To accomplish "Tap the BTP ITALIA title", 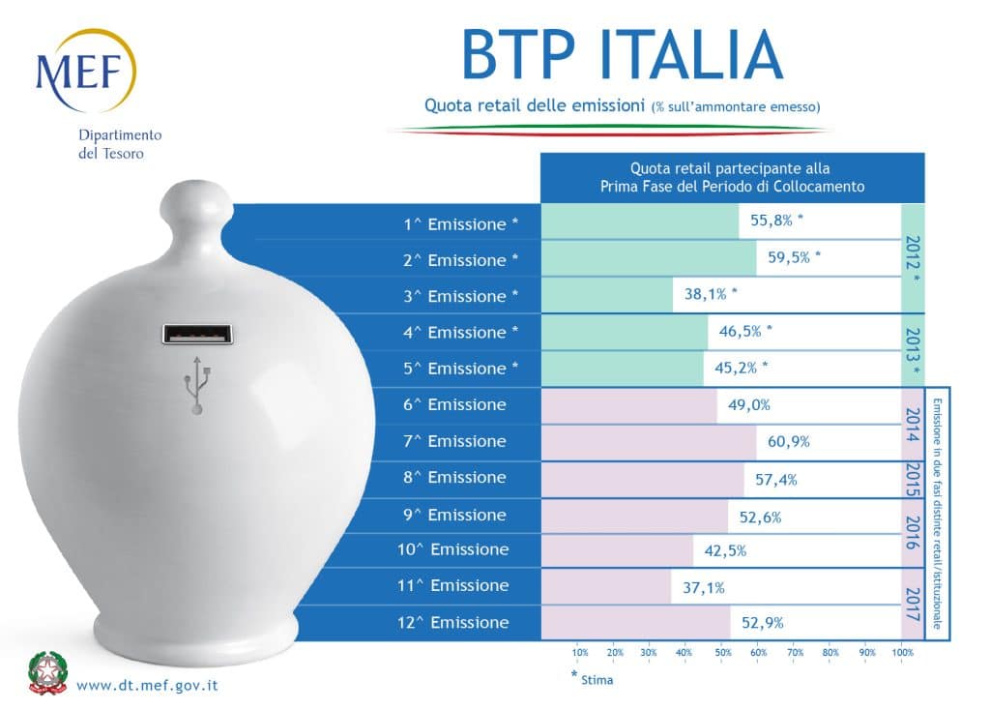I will point(621,54).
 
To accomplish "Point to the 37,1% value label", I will point(704,587).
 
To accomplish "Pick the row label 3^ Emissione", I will point(460,296).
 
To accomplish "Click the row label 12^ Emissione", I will point(456,622).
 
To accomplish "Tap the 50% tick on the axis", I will point(722,652).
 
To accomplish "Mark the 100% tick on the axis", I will point(903,652).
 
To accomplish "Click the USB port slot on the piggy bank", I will point(197,335).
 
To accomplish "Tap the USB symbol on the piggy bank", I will point(197,383).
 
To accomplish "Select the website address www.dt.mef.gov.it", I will point(147,685).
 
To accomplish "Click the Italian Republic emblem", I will point(46,673).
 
